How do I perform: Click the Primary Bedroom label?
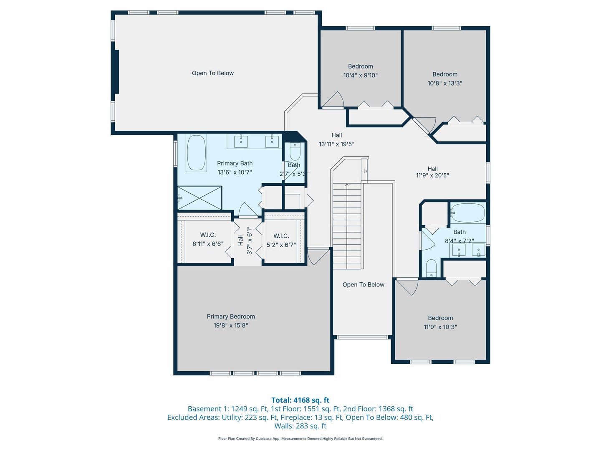(230, 317)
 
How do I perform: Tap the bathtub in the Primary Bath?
(196, 153)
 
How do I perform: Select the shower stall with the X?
(199, 198)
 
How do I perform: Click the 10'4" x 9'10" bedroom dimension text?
(360, 75)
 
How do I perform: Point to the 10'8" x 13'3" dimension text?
(444, 83)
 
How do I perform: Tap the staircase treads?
(347, 226)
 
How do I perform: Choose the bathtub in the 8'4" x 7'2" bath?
(468, 213)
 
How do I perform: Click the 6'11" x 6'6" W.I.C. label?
(208, 239)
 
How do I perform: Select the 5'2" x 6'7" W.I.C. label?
(281, 241)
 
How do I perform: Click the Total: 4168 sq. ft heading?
(300, 400)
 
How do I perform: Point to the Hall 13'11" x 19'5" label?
(336, 139)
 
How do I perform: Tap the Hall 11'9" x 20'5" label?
(433, 172)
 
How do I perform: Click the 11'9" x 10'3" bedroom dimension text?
(440, 327)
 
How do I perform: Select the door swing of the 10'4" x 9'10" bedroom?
(332, 99)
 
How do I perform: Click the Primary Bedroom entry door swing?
(318, 257)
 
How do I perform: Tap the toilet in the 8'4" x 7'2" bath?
(432, 268)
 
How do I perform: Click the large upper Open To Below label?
(213, 73)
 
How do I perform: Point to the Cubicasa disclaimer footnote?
(300, 438)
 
